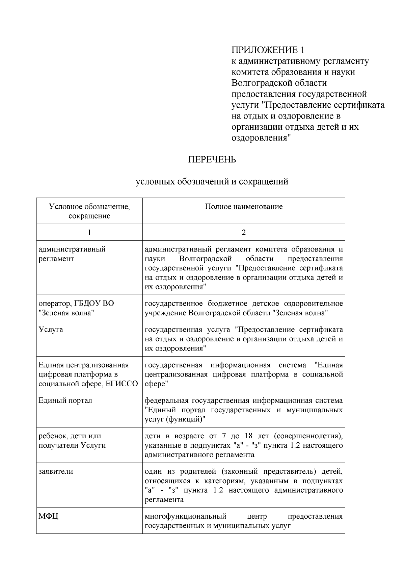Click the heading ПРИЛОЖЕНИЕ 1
(268, 50)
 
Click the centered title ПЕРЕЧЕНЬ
(212, 160)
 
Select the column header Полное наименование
(244, 206)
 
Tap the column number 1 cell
(89, 232)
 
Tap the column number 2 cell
(244, 232)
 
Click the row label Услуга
(51, 330)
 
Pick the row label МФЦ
(49, 517)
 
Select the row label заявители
(56, 471)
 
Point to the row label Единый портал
(65, 400)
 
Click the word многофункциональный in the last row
(185, 517)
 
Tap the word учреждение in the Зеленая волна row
(165, 313)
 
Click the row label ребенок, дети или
(70, 436)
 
